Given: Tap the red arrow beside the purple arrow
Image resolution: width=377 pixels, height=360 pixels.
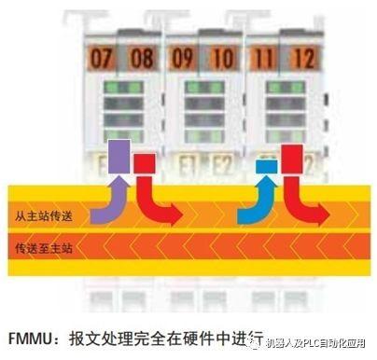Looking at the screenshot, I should (149, 191).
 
